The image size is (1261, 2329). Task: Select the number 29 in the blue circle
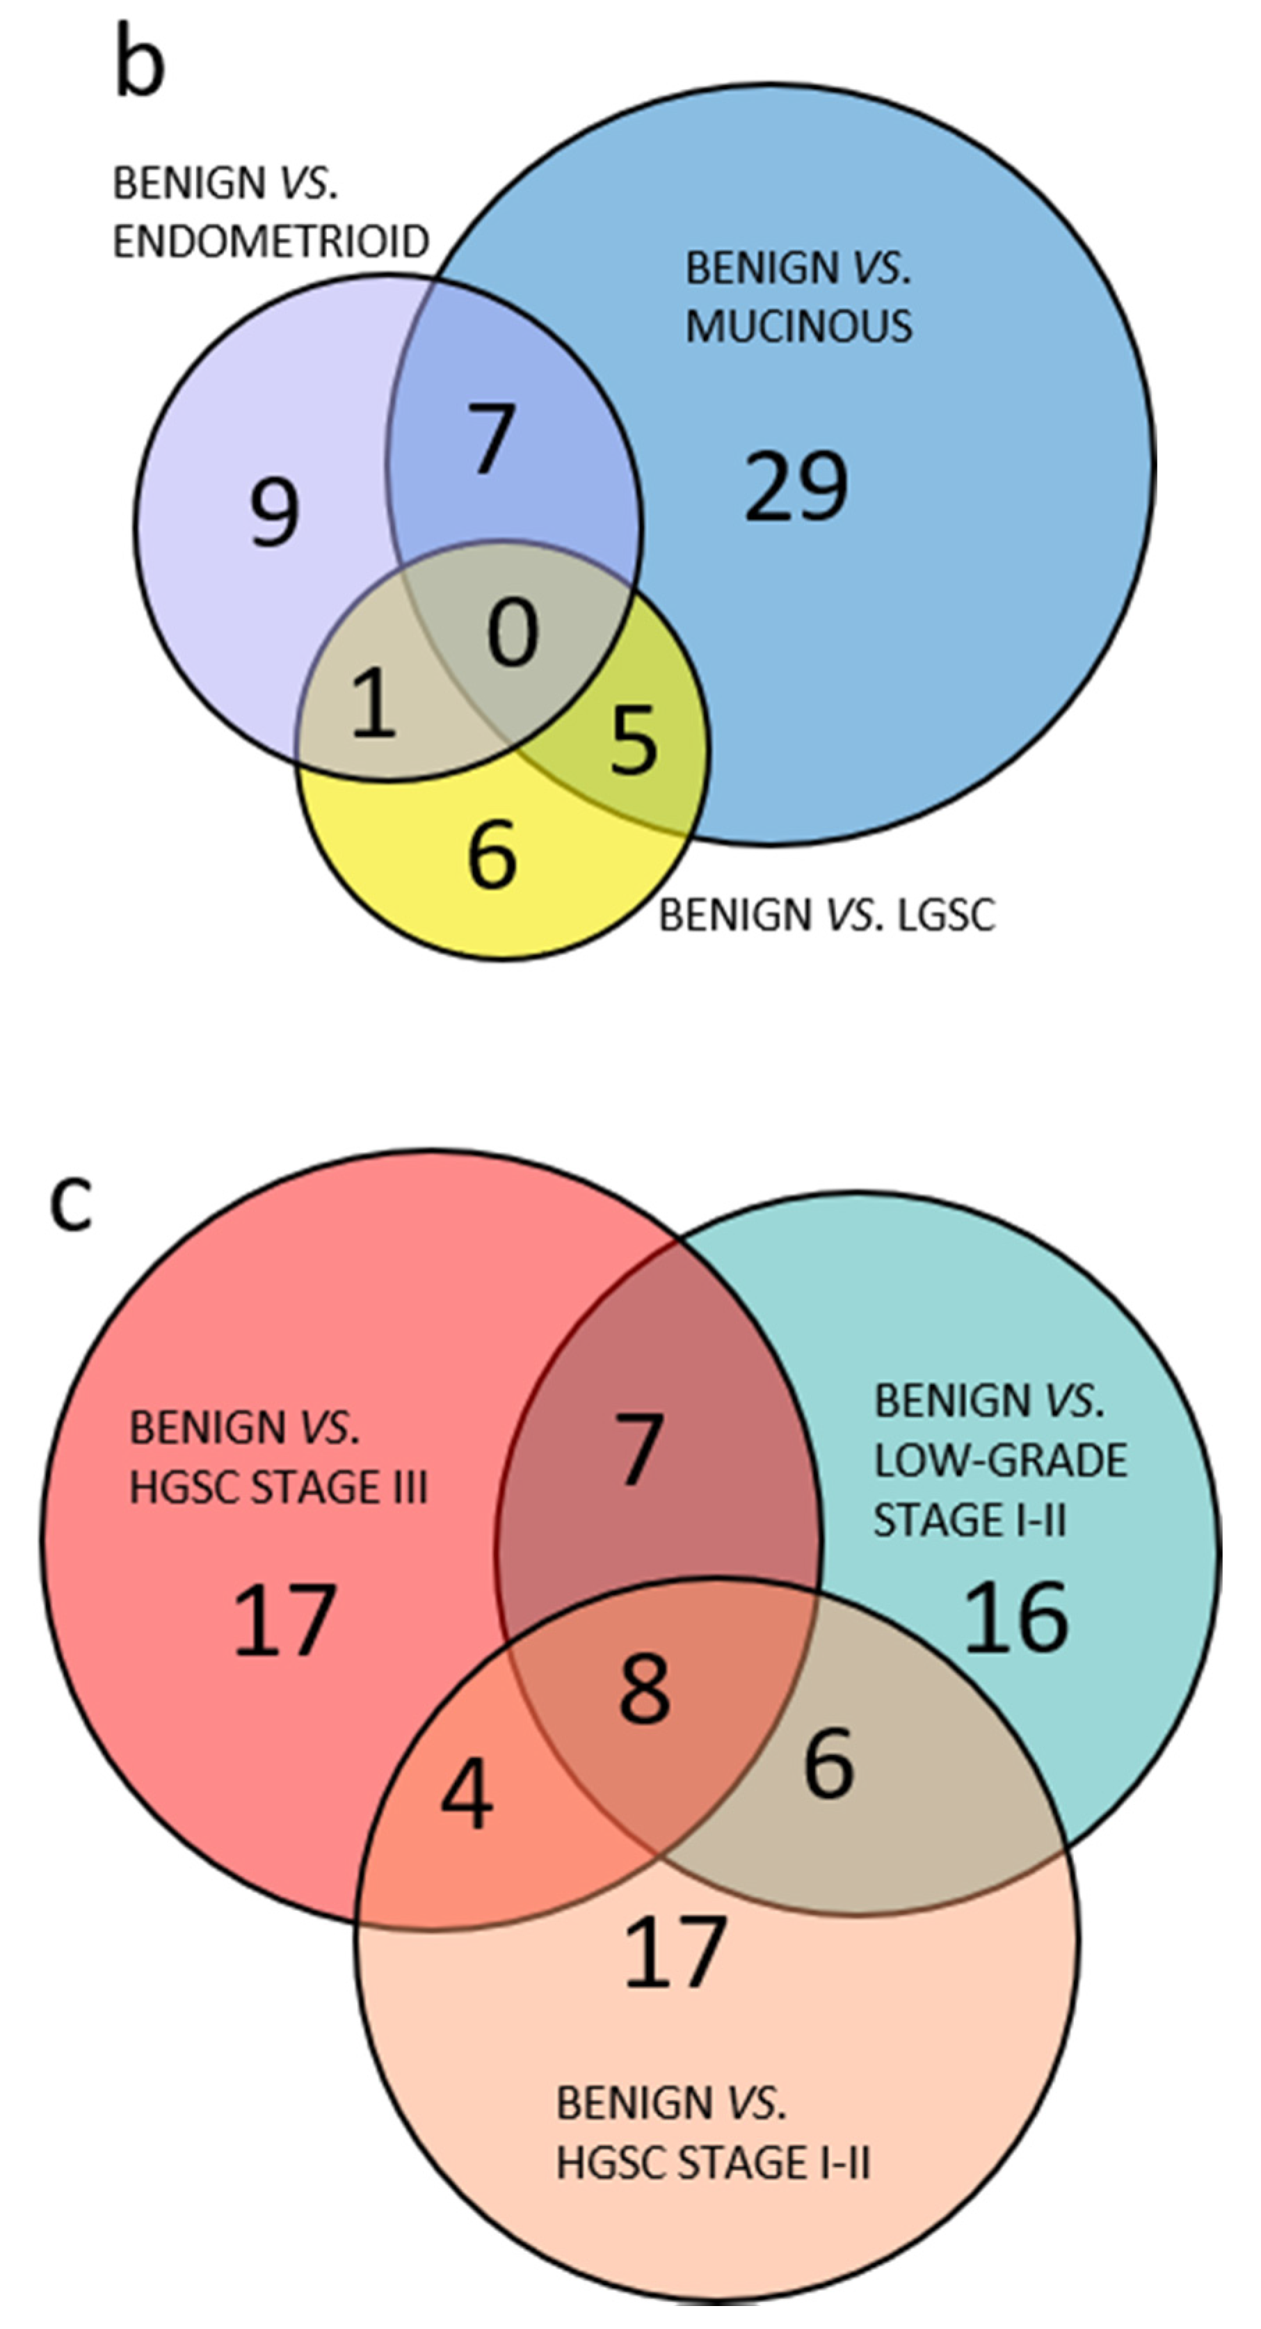[796, 486]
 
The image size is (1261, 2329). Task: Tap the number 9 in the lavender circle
[274, 513]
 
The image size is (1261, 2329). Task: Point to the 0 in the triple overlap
[513, 634]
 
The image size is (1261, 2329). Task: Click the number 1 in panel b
[374, 703]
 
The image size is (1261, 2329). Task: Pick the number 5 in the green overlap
[634, 740]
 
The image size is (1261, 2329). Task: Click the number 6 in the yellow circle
[492, 853]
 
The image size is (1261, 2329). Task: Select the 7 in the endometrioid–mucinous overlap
[492, 438]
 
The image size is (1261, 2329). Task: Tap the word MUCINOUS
[798, 326]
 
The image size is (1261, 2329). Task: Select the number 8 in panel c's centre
[645, 1689]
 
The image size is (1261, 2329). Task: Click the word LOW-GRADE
[999, 1460]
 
